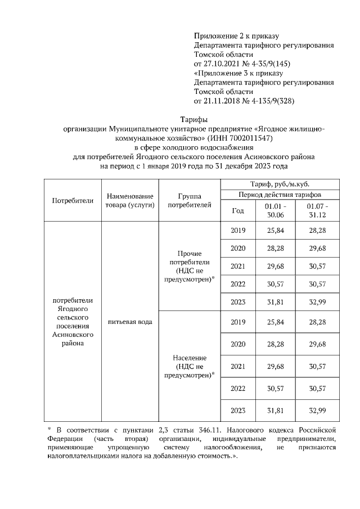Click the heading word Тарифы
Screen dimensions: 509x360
193,119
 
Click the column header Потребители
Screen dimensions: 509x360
72,200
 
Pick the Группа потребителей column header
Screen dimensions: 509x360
190,200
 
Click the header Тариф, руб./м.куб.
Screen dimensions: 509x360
280,184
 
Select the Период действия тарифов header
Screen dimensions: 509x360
280,195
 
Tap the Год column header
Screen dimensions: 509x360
238,210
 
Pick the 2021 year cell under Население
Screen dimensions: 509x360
238,366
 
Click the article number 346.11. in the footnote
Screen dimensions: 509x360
200,431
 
